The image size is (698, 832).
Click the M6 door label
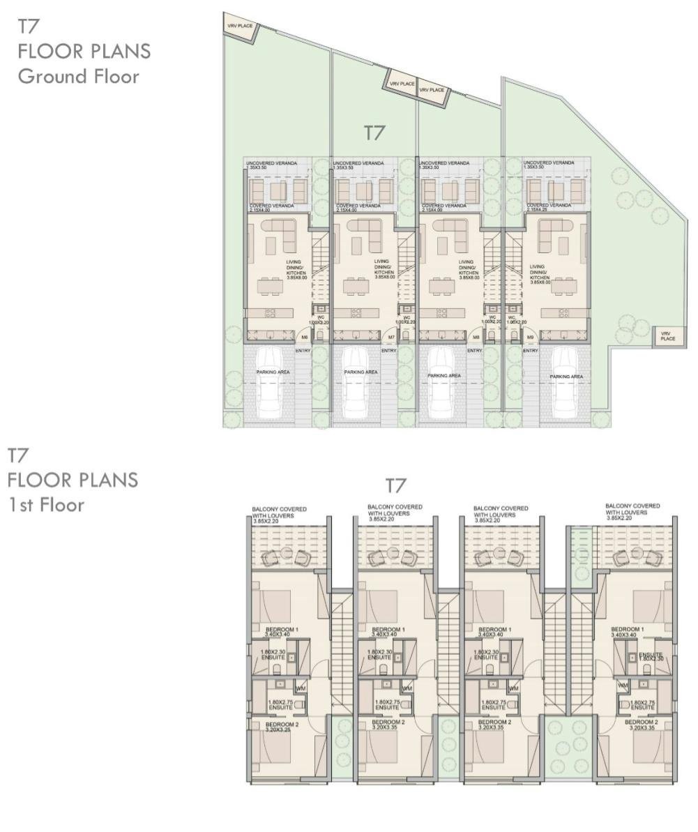click(x=304, y=338)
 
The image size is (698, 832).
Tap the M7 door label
click(x=391, y=338)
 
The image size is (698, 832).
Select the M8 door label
click(x=476, y=338)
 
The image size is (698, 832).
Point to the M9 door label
click(x=530, y=338)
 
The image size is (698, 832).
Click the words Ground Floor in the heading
click(x=78, y=76)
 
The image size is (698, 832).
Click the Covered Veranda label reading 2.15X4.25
click(x=546, y=208)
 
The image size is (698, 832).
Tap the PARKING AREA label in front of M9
click(x=566, y=377)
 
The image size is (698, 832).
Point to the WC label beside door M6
click(x=317, y=319)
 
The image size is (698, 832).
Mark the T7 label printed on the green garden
click(x=374, y=132)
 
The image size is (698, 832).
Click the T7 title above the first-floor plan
click(x=395, y=485)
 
